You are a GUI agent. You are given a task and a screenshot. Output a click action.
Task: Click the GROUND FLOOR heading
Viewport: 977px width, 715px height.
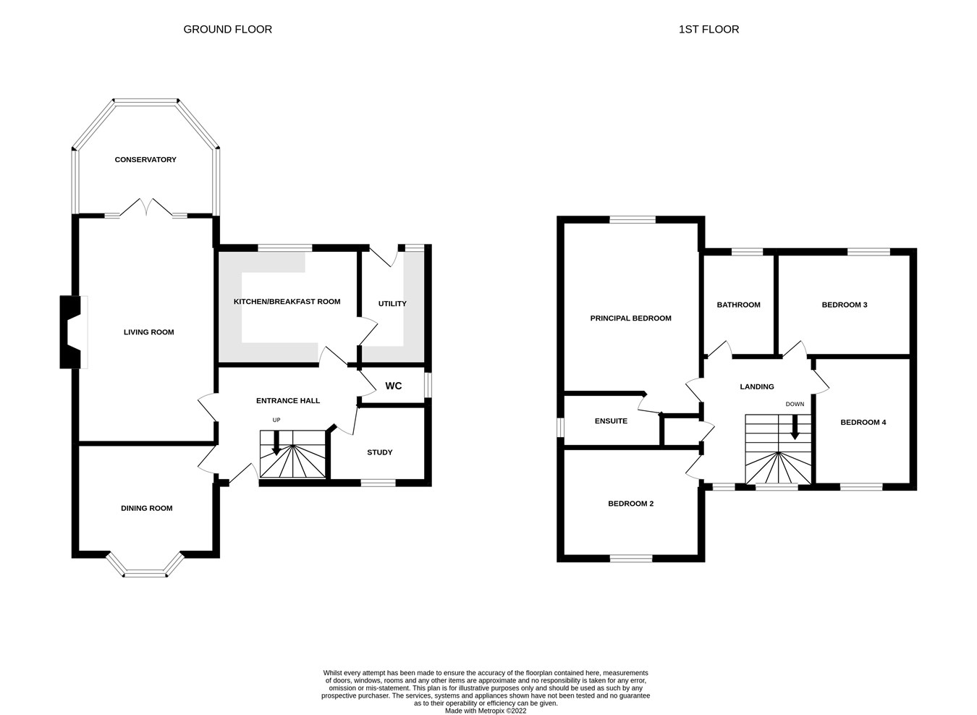(x=227, y=30)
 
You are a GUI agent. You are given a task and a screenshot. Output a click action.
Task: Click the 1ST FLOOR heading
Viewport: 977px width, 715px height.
(x=709, y=30)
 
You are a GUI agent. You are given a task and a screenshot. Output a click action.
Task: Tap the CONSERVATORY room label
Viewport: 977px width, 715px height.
(x=145, y=159)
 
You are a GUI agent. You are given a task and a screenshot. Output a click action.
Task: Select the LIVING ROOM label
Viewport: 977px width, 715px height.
(x=148, y=332)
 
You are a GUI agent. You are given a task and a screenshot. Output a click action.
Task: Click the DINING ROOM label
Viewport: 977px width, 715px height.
(x=146, y=508)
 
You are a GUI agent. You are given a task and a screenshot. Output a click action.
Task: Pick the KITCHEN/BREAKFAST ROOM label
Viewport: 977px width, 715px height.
(x=287, y=301)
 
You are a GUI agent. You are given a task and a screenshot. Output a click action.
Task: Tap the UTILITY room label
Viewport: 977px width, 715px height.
(x=392, y=303)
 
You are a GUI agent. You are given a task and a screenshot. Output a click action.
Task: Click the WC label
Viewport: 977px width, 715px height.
(x=393, y=386)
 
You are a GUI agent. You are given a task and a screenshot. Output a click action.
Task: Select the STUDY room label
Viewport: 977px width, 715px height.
(x=379, y=452)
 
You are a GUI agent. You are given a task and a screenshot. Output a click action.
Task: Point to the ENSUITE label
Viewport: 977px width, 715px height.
(x=611, y=420)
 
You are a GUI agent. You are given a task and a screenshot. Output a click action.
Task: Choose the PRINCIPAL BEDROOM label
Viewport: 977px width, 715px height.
(x=630, y=318)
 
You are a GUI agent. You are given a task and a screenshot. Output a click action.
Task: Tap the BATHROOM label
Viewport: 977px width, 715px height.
(x=738, y=305)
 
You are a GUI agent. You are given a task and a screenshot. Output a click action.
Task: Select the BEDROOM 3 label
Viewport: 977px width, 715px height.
(x=844, y=305)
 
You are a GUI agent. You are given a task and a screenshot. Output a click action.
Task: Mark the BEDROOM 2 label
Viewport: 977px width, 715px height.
(x=630, y=503)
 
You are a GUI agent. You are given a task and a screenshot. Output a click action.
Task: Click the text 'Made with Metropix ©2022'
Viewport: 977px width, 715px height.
(x=486, y=711)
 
